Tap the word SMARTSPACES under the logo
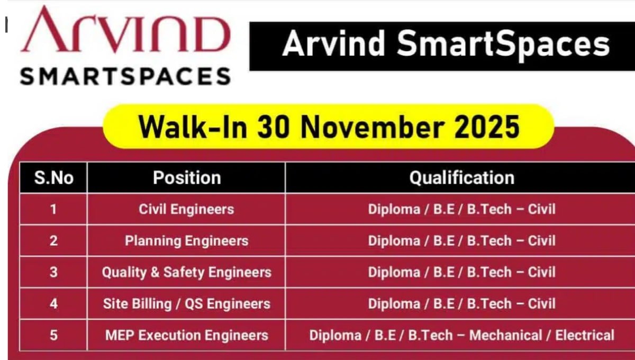coord(125,76)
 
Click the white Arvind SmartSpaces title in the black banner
coord(446,44)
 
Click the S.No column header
coord(53,177)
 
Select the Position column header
coord(186,177)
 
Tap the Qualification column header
coord(461,177)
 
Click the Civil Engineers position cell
coord(186,209)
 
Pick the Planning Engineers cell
coord(186,241)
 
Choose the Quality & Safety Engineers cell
coord(186,272)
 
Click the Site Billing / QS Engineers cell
coord(186,303)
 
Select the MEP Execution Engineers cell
coord(186,335)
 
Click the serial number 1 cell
coord(53,209)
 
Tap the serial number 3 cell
coord(53,272)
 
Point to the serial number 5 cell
coord(53,335)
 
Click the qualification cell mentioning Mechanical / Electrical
coord(461,335)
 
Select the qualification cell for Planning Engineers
coord(461,241)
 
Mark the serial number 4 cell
coord(53,303)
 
